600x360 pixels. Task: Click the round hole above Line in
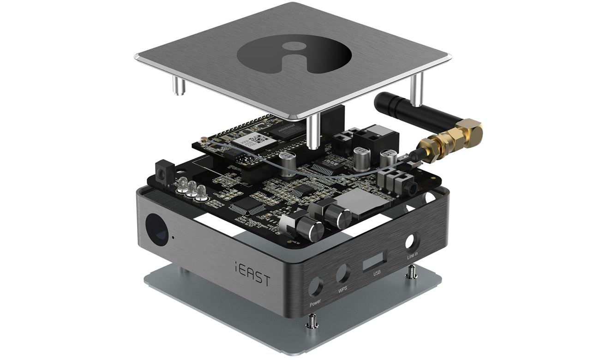point(410,241)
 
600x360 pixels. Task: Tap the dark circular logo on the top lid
point(294,55)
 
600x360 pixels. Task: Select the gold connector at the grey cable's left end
point(203,140)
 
